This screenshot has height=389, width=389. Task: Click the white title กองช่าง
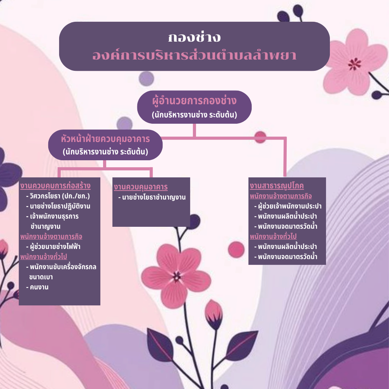[x=194, y=38]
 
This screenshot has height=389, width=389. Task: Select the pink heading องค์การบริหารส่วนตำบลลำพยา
[x=194, y=55]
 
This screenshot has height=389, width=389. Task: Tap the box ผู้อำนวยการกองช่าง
[x=194, y=107]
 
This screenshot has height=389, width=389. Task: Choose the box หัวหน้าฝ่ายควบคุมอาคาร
[x=105, y=145]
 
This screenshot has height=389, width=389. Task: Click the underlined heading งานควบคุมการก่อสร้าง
[x=55, y=186]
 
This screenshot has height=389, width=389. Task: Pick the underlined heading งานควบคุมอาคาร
[x=141, y=187]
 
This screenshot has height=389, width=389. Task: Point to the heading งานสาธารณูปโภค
[x=277, y=186]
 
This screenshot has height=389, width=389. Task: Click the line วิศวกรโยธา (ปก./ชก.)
[x=58, y=196]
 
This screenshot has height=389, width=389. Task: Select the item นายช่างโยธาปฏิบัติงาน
[x=58, y=206]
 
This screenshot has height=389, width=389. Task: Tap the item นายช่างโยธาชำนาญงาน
[x=152, y=197]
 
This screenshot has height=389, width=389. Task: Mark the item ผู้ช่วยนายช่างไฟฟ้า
[x=53, y=247]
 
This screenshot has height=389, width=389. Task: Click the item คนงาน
[x=37, y=287]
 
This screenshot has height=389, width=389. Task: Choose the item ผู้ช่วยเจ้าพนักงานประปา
[x=288, y=206]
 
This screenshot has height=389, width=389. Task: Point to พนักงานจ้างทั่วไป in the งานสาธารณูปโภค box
[x=273, y=237]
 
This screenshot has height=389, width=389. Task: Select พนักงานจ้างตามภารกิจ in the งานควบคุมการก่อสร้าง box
[x=51, y=237]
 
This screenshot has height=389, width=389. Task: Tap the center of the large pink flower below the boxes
[x=177, y=276]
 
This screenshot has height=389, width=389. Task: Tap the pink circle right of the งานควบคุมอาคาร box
[x=236, y=250]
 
